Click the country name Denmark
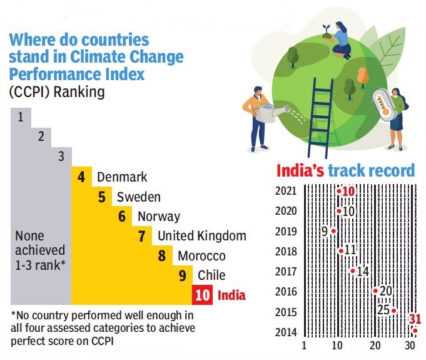(x=122, y=177)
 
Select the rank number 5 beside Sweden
(x=101, y=197)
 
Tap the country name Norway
(x=158, y=217)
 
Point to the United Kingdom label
(x=201, y=237)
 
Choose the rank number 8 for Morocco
(x=162, y=256)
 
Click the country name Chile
(x=211, y=275)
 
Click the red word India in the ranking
(x=231, y=295)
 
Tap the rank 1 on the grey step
(x=21, y=116)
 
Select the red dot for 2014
(x=415, y=331)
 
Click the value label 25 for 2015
(x=383, y=309)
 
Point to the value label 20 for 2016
(x=385, y=291)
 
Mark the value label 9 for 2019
(x=324, y=232)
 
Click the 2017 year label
(x=285, y=271)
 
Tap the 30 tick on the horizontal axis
(x=410, y=346)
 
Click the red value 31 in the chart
(x=415, y=319)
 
